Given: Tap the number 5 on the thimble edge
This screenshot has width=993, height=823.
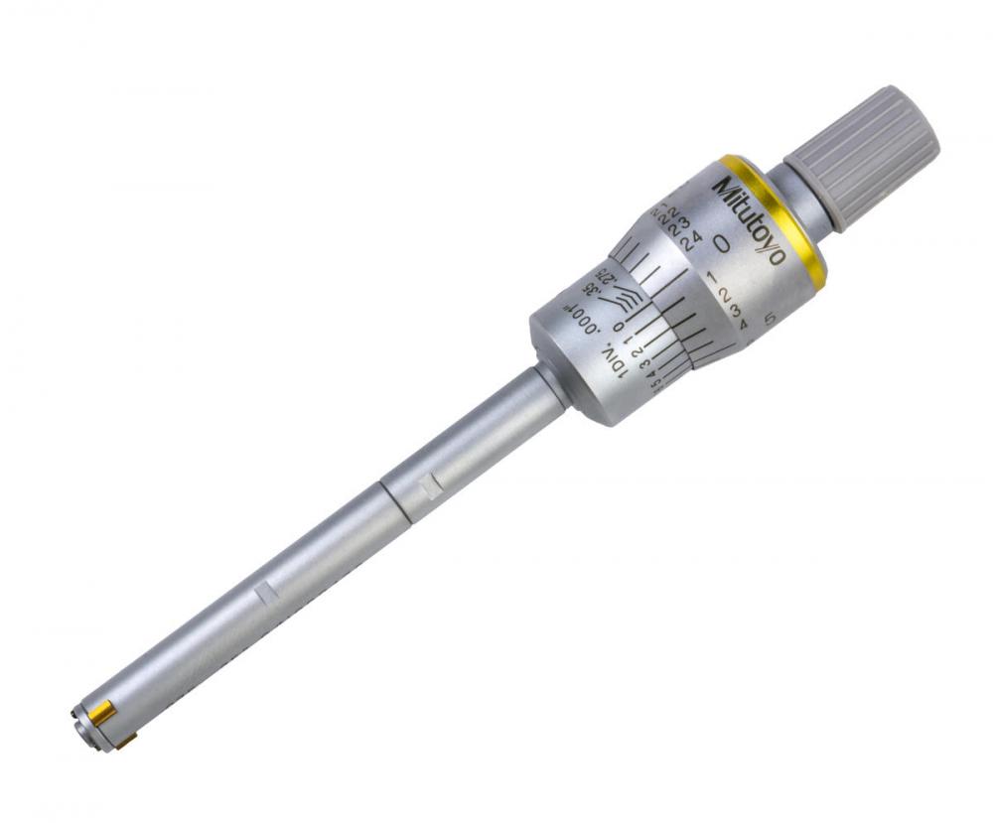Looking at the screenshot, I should pos(771,319).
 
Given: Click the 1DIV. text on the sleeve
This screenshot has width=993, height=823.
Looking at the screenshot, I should pos(614,361).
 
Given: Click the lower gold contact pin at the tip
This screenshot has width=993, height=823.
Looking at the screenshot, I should pos(126,740).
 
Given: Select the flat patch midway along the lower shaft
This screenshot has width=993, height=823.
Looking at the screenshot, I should pos(263,593).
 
